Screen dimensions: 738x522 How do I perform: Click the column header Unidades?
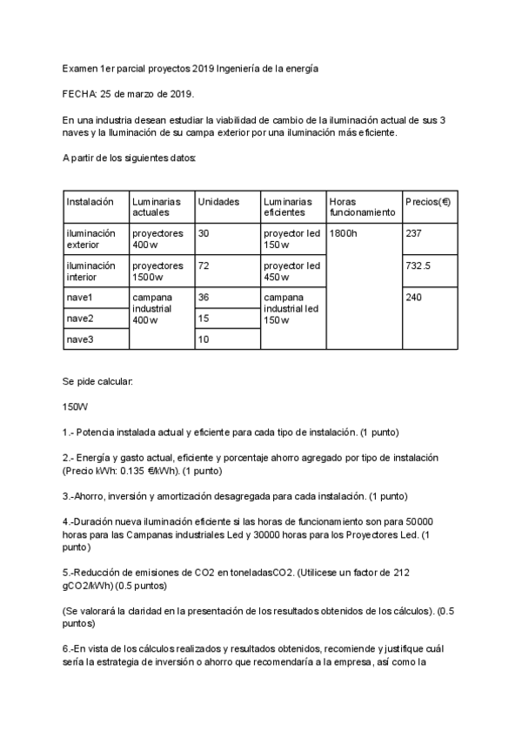tap(219, 201)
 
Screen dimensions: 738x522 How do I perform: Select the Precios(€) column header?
tap(427, 201)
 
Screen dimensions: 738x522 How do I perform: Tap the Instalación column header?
tap(90, 201)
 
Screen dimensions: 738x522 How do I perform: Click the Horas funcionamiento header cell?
tap(362, 206)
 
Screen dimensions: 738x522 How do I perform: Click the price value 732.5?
tap(419, 265)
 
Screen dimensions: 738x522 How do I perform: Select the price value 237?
tap(413, 233)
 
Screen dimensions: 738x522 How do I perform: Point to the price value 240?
tap(413, 298)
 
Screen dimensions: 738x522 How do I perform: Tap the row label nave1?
tap(80, 298)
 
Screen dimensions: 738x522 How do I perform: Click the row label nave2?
tap(80, 319)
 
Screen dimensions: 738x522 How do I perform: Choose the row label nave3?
tap(80, 339)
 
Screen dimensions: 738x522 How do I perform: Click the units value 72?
tap(204, 265)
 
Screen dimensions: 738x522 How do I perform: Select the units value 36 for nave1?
tap(204, 298)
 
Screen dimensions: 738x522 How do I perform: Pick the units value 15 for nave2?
tap(204, 319)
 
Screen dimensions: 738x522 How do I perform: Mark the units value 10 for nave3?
tap(204, 339)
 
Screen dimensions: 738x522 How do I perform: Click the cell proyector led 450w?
tap(291, 271)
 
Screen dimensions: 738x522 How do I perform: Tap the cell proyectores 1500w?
tap(157, 271)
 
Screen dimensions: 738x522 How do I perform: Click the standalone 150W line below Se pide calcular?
tap(76, 406)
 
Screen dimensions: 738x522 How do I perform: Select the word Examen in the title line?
tap(81, 67)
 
